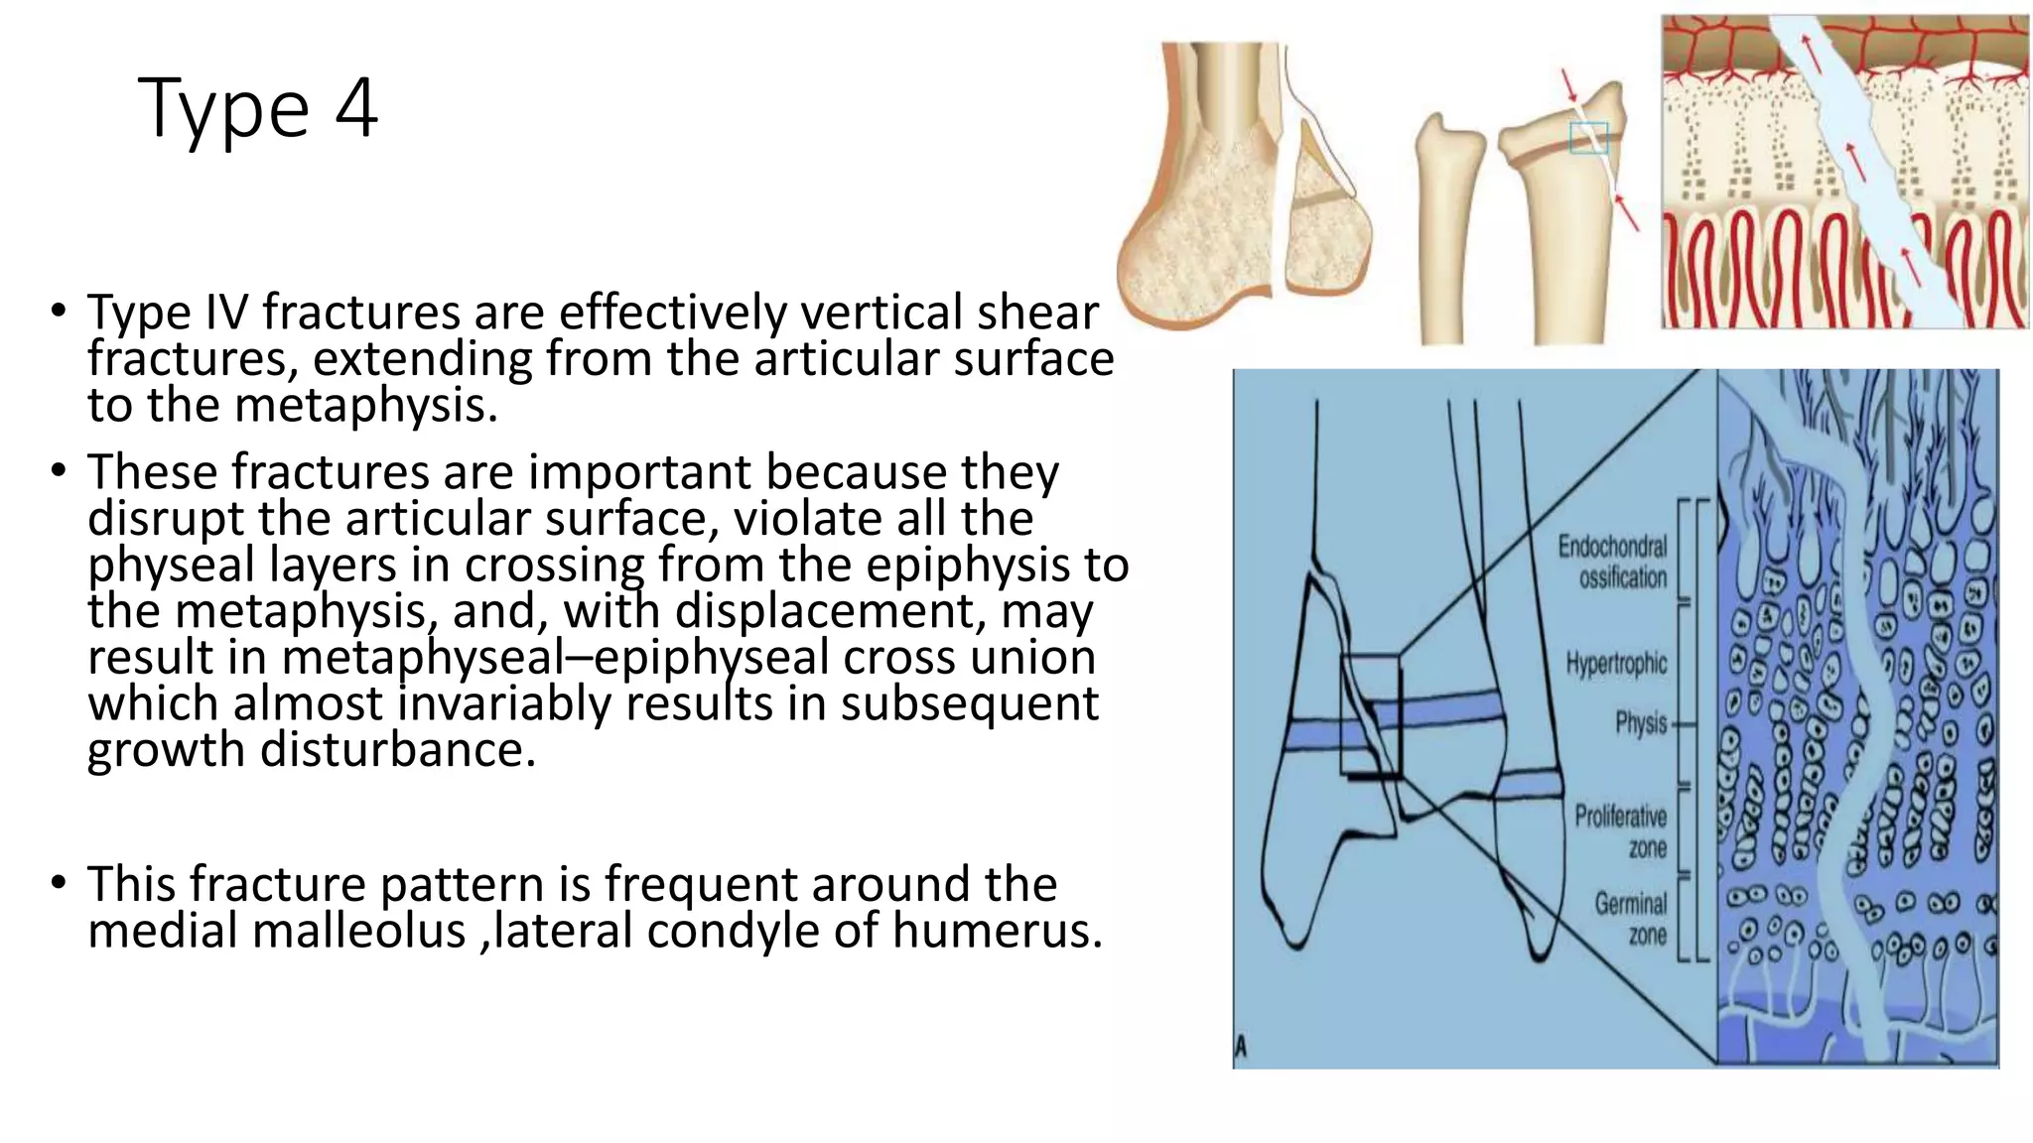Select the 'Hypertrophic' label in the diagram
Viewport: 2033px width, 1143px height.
tap(1616, 663)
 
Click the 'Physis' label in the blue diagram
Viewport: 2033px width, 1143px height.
tap(1640, 723)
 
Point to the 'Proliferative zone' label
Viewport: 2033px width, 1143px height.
tap(1620, 831)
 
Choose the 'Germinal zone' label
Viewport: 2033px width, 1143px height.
tap(1630, 919)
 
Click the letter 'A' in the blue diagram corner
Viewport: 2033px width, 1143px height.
tap(1241, 1047)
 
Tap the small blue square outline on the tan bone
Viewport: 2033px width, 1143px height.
tap(1588, 138)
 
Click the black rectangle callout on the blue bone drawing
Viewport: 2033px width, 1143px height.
tap(1370, 714)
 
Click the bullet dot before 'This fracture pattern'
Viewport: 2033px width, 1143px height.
tap(59, 882)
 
